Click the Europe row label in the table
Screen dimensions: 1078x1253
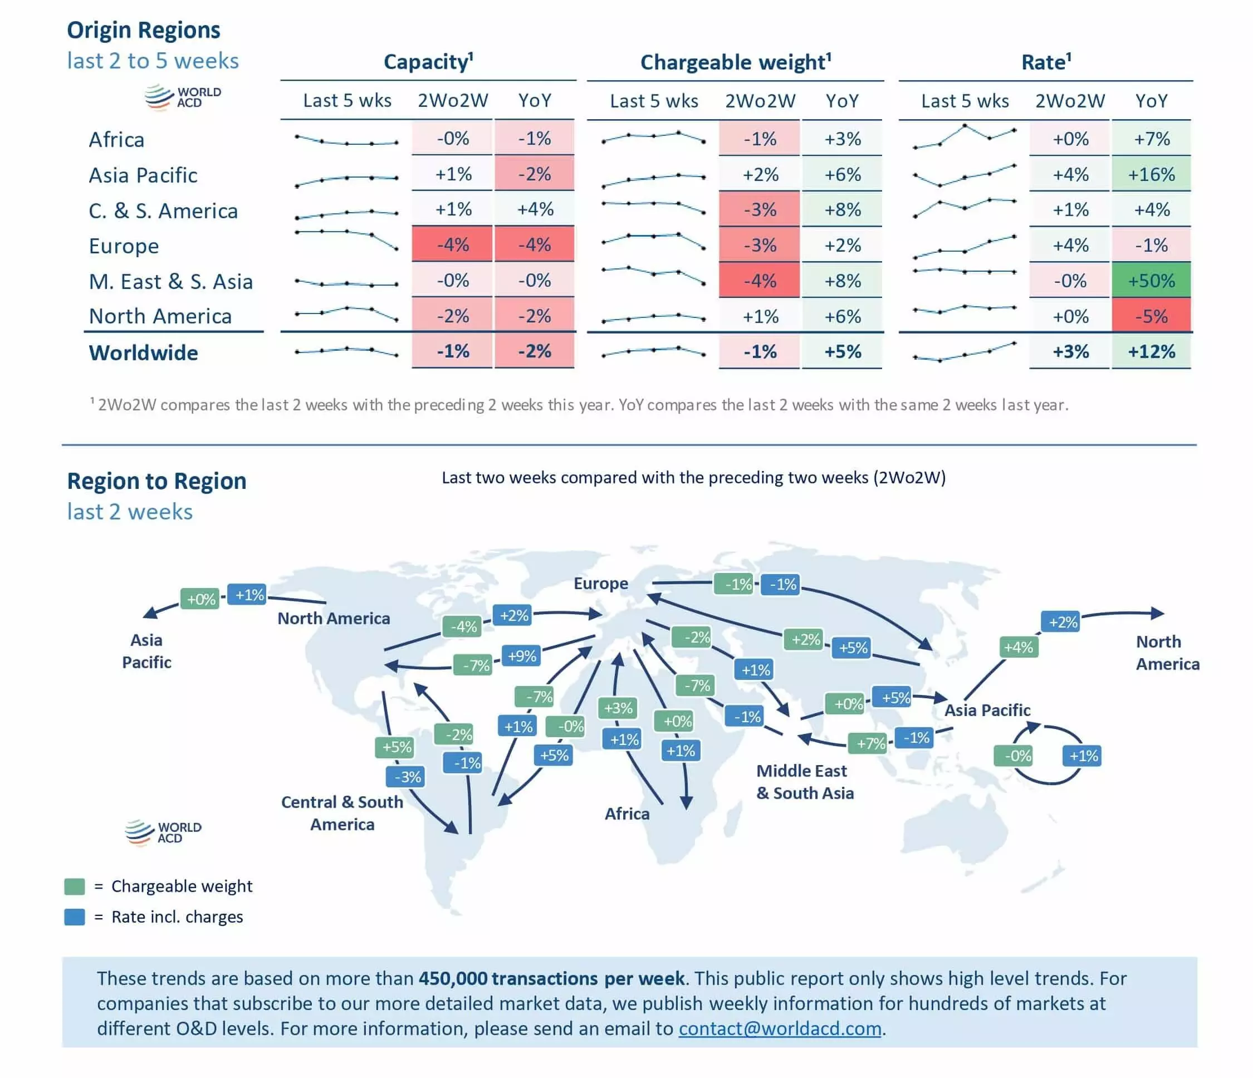coord(124,246)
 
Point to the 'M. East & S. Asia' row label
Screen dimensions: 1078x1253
coord(170,282)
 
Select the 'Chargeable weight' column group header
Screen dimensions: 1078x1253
coord(735,62)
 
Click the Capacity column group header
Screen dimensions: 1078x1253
coord(428,62)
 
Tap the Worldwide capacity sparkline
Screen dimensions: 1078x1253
coord(346,351)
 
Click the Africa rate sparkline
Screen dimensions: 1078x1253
coord(965,136)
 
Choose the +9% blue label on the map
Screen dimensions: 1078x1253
coord(522,656)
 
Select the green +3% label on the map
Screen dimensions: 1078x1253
coord(618,708)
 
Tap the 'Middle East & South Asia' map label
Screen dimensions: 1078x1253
coord(805,782)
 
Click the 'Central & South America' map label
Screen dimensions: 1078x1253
coord(342,813)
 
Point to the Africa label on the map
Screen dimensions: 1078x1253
coord(627,814)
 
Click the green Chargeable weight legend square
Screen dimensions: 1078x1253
coord(75,886)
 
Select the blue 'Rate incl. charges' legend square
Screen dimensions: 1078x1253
coord(75,917)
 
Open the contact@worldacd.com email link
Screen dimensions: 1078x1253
coord(780,1028)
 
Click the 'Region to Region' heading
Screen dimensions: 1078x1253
coord(156,481)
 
